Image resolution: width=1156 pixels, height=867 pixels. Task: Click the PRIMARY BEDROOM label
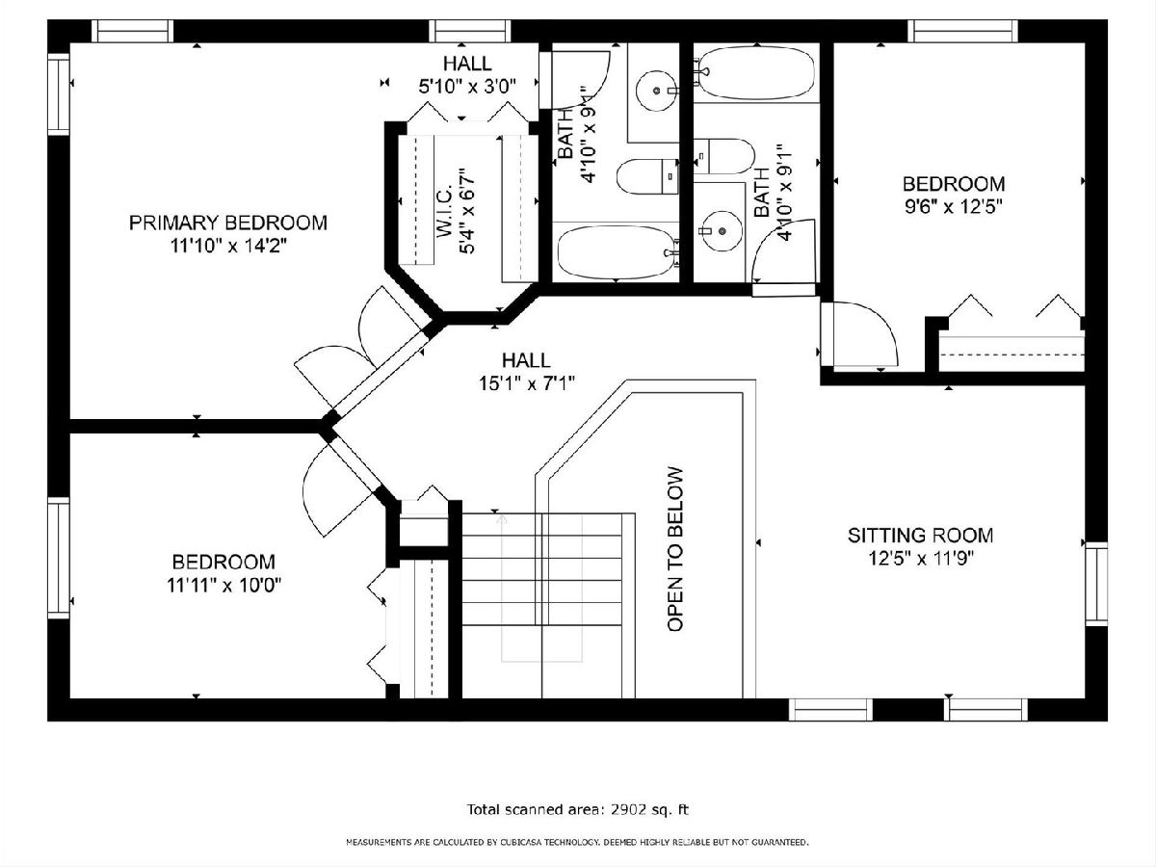pos(228,223)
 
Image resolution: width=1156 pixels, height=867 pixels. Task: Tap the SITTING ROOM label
pos(920,536)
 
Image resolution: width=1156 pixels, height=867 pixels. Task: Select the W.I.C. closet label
pos(443,218)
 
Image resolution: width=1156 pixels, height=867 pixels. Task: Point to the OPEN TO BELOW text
pos(675,549)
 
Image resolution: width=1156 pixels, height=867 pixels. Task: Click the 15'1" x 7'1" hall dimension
pos(526,383)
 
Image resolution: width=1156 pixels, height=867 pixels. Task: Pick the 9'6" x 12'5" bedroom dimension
pos(954,206)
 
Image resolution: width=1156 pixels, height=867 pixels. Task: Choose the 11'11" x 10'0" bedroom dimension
pos(223,585)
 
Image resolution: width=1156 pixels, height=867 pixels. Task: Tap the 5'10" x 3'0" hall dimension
pos(467,86)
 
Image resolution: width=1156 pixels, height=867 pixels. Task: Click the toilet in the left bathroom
pos(647,176)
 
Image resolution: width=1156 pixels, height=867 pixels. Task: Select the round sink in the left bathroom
pos(656,92)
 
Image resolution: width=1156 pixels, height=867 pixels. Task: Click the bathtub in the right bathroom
pos(754,72)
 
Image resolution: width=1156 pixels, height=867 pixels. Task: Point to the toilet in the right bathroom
pos(724,156)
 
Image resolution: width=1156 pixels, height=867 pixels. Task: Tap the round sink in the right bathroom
pos(722,230)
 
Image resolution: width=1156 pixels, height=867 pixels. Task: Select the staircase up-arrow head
pos(501,520)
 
